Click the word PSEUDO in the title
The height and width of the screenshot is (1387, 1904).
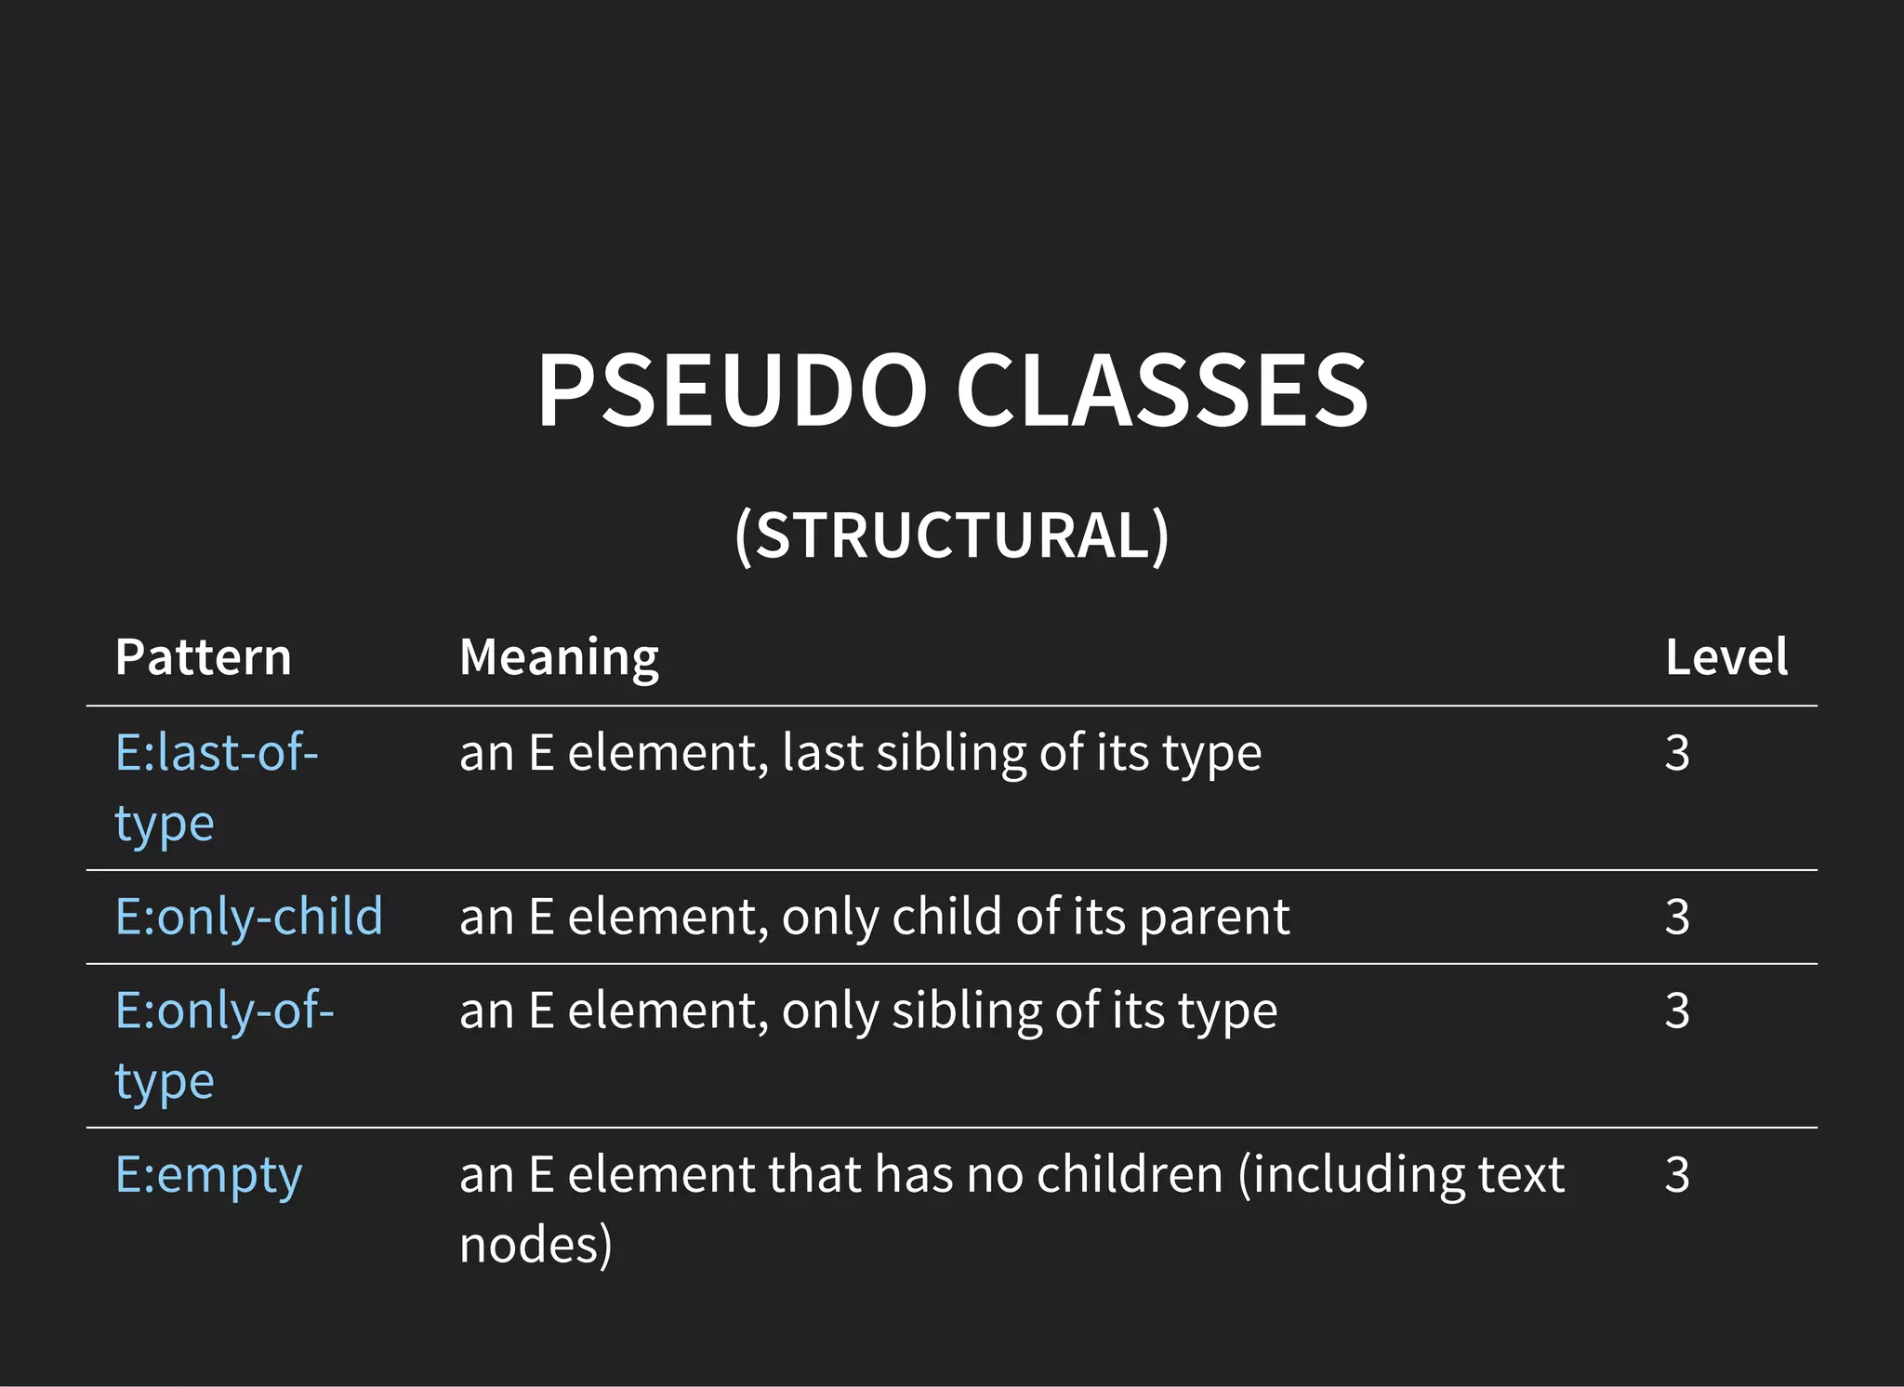pyautogui.click(x=732, y=390)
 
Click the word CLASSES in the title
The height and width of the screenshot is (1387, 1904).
pyautogui.click(x=1161, y=390)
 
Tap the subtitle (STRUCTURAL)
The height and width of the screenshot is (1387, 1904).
pyautogui.click(x=951, y=536)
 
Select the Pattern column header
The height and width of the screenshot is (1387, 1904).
pyautogui.click(x=203, y=657)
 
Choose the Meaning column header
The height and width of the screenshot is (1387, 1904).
pyautogui.click(x=559, y=657)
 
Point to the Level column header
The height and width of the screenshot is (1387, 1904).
pyautogui.click(x=1725, y=657)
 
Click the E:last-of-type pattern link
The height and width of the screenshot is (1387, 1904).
pyautogui.click(x=216, y=752)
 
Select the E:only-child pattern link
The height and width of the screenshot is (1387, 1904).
pyautogui.click(x=248, y=917)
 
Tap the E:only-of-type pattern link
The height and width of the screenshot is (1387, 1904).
pyautogui.click(x=224, y=1011)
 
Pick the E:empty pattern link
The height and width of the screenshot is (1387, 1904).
pyautogui.click(x=208, y=1175)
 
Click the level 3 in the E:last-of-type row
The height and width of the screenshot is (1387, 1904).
pyautogui.click(x=1677, y=753)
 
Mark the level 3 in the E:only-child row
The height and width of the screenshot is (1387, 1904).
pyautogui.click(x=1677, y=918)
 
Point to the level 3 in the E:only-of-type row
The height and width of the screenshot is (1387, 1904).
pyautogui.click(x=1677, y=1011)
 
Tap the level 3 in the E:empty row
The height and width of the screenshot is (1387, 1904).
pyautogui.click(x=1677, y=1175)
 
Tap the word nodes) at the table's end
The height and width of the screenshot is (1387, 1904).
pyautogui.click(x=535, y=1246)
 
